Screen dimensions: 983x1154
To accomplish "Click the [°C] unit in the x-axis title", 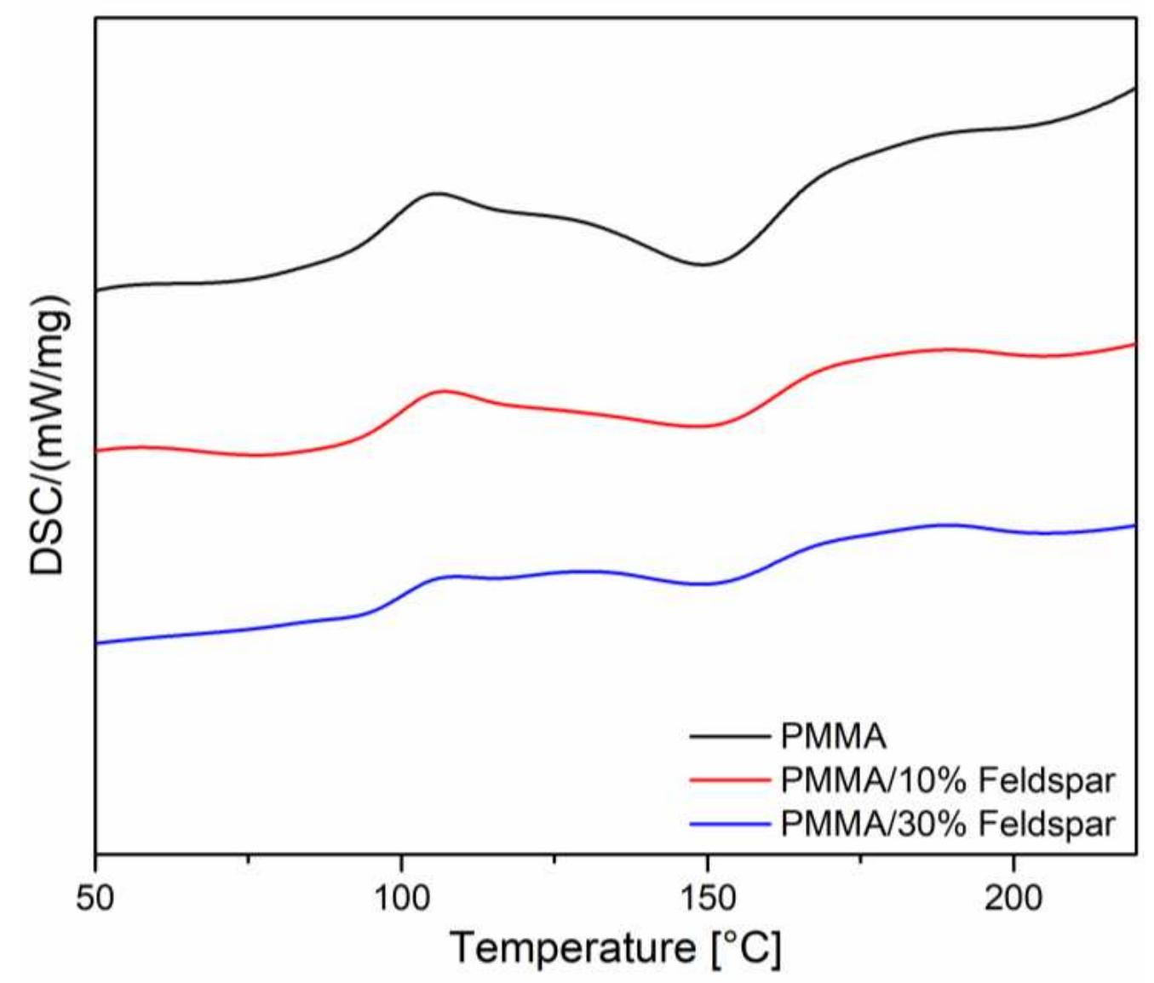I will point(746,947).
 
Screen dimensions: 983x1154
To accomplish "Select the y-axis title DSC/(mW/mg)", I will point(48,435).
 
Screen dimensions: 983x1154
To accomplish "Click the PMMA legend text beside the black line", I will point(833,735).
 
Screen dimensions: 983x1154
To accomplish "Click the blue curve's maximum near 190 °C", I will point(945,525).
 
